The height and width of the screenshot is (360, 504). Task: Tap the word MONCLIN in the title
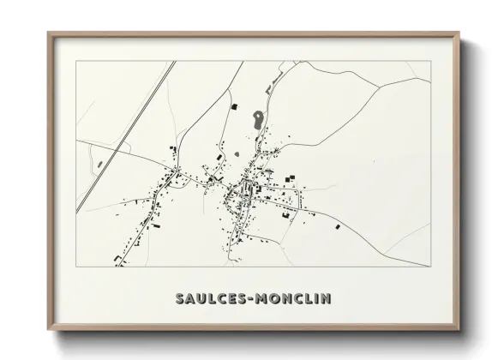pyautogui.click(x=291, y=298)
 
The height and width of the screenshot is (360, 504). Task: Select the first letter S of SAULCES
pyautogui.click(x=180, y=298)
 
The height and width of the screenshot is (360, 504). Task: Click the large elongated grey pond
pyautogui.click(x=256, y=120)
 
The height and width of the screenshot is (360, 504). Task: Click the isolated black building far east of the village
pyautogui.click(x=337, y=226)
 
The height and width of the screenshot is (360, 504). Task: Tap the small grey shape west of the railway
pyautogui.click(x=100, y=163)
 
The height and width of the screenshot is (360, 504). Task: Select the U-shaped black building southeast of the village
pyautogui.click(x=285, y=214)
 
